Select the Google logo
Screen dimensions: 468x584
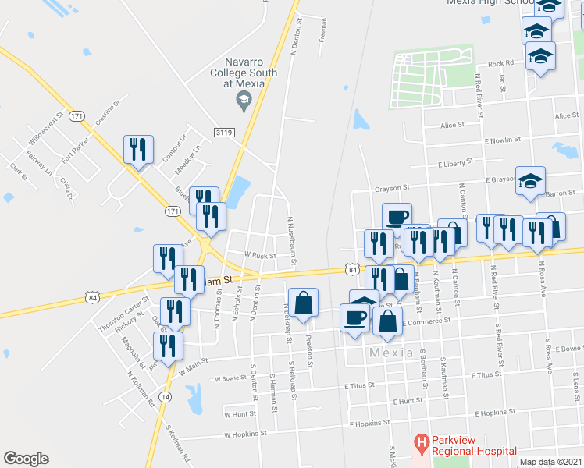coord(26,459)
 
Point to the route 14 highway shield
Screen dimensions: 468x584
coord(165,397)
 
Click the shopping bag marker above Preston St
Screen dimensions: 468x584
coord(303,303)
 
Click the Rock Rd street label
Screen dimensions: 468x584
coord(500,64)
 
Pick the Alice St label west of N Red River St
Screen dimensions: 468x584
coord(451,125)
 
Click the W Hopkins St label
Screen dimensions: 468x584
coord(245,433)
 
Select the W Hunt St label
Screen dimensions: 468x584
coord(240,414)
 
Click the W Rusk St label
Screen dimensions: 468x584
coord(260,254)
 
